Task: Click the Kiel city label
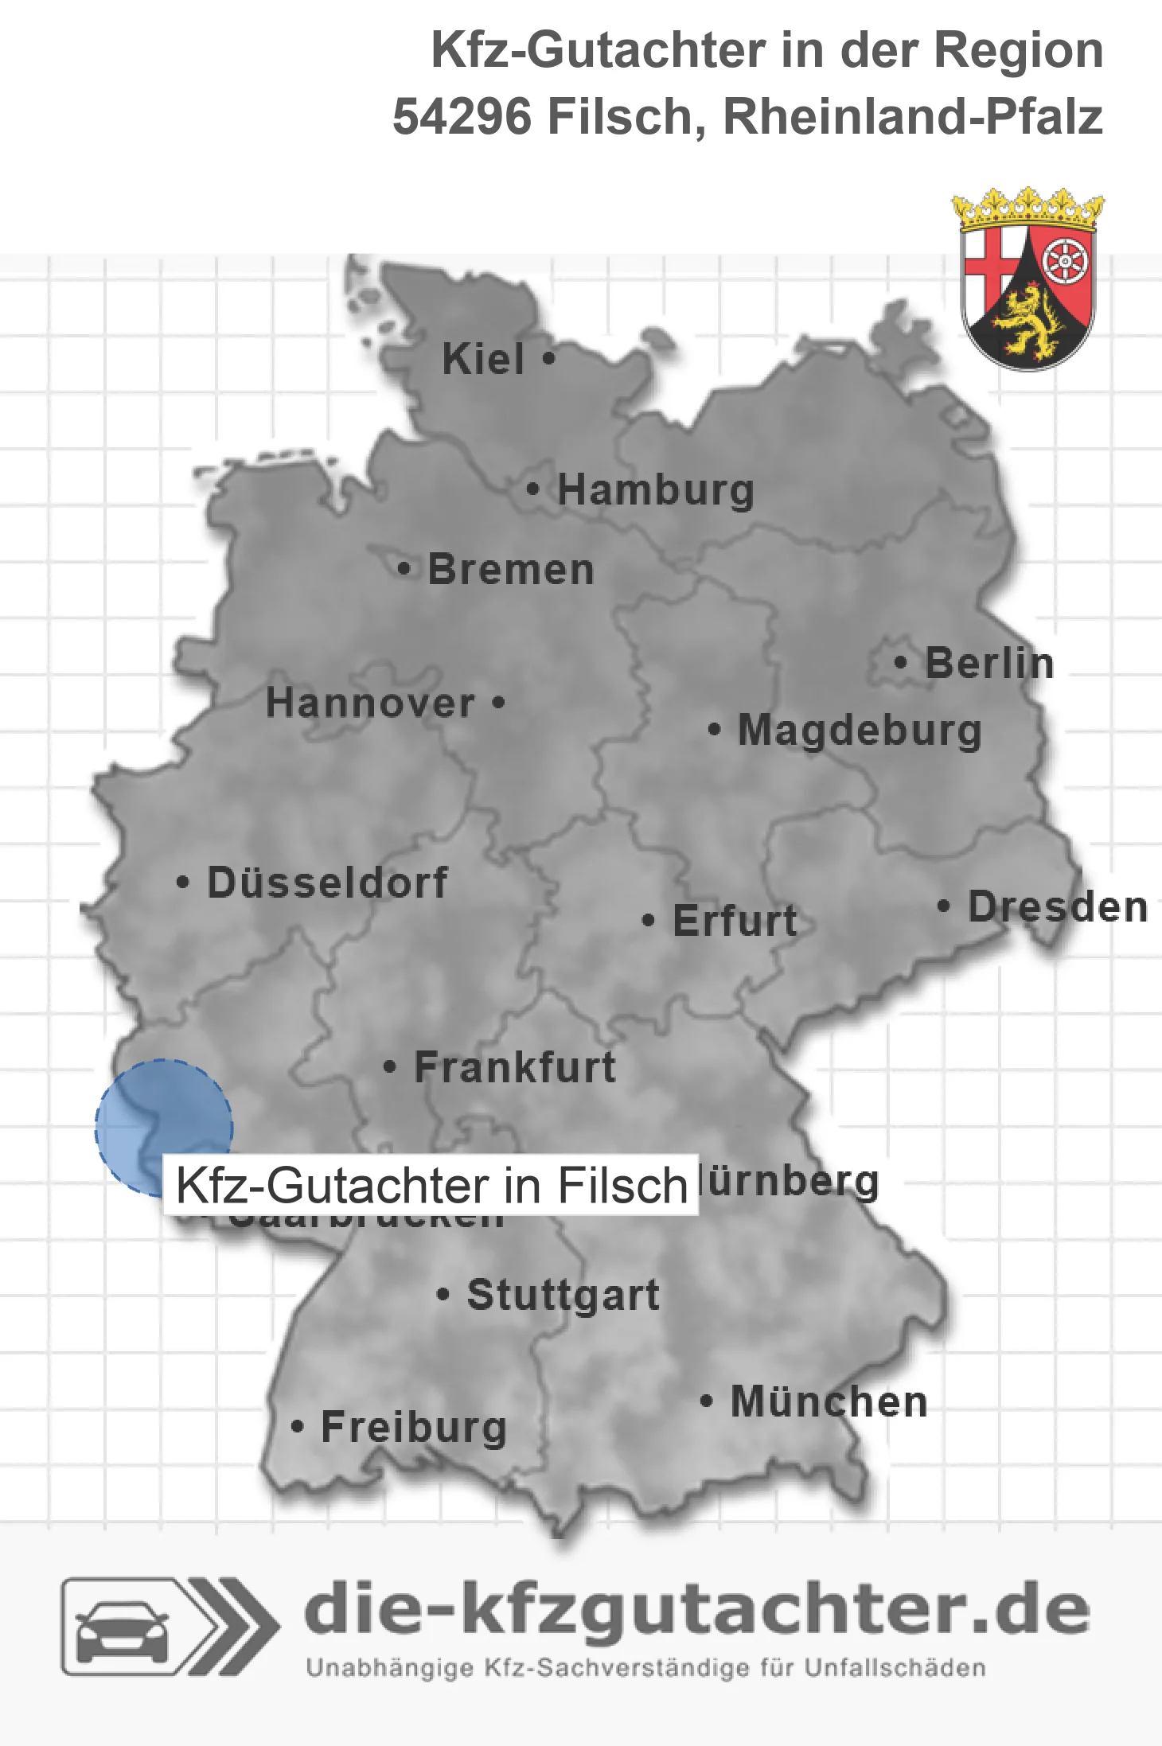(483, 359)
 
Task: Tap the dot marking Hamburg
(533, 489)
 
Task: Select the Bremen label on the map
(511, 570)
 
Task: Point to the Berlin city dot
(900, 662)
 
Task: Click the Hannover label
(370, 703)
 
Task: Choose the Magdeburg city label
(860, 731)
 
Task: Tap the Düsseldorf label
(327, 883)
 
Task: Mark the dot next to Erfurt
(648, 921)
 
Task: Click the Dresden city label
(1058, 907)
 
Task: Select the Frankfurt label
(515, 1067)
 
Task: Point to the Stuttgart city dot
(443, 1295)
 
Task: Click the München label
(829, 1402)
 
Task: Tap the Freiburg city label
(414, 1428)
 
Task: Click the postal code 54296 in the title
(462, 117)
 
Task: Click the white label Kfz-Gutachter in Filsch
(431, 1185)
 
